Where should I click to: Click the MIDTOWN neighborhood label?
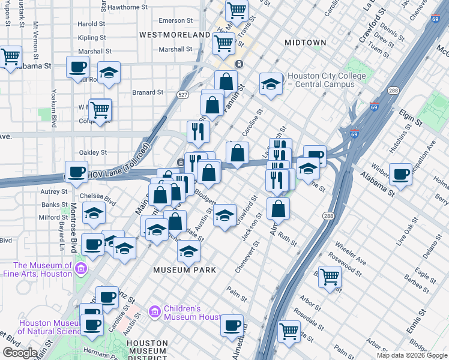(x=306, y=43)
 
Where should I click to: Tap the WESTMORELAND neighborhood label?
(x=175, y=35)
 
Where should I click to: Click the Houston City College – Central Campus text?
(x=327, y=80)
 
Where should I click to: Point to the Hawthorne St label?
(x=127, y=7)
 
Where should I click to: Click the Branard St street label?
(x=148, y=92)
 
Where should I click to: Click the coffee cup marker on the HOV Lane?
(x=76, y=172)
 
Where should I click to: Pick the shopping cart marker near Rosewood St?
(x=330, y=277)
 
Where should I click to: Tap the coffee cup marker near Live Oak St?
(x=400, y=175)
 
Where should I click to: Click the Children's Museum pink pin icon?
(x=155, y=311)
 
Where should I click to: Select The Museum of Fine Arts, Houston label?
(x=43, y=269)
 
